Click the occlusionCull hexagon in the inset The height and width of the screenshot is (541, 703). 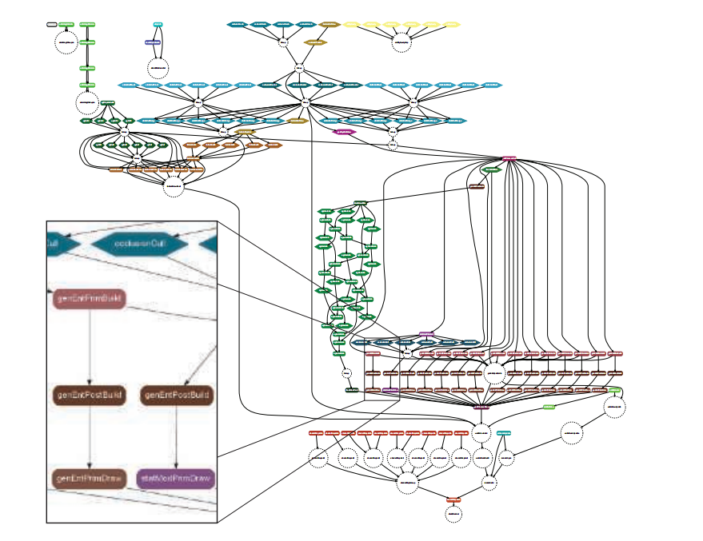(134, 244)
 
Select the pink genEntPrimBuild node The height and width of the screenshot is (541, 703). (90, 299)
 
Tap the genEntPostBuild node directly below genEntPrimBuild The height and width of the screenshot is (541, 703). (90, 395)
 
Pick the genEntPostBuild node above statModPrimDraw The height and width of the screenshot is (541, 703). (176, 395)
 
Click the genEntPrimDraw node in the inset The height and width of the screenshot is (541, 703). (90, 479)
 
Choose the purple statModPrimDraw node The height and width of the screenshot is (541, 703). (176, 479)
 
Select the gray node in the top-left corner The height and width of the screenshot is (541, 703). (52, 25)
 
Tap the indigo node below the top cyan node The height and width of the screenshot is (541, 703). (153, 42)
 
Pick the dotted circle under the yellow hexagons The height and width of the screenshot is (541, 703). (401, 42)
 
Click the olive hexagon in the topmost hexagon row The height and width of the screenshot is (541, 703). (330, 25)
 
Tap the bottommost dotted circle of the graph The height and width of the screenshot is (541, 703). (453, 514)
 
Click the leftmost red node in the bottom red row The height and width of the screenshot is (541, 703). (317, 432)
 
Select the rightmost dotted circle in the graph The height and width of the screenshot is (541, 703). (614, 407)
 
